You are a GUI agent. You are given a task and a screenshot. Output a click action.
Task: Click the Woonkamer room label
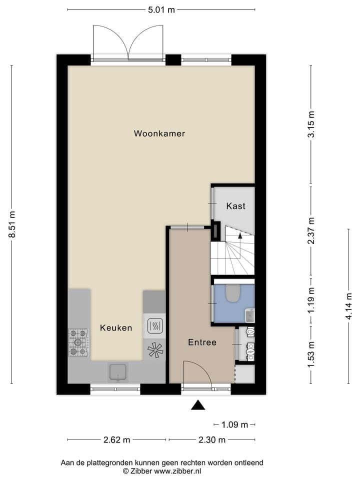click(x=159, y=133)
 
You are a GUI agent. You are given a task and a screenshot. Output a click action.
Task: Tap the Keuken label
click(x=116, y=328)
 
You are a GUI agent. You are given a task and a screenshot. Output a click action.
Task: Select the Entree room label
click(x=202, y=342)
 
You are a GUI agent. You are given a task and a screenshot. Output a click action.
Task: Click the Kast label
click(x=235, y=206)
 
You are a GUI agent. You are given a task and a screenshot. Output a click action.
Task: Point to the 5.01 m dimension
click(x=161, y=9)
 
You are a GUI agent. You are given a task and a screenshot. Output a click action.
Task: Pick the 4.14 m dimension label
click(x=349, y=306)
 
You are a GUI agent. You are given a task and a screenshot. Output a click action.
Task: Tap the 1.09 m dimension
click(x=234, y=425)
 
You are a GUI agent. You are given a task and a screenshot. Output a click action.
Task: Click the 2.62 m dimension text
click(x=116, y=440)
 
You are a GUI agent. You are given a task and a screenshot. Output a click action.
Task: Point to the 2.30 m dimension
click(x=212, y=440)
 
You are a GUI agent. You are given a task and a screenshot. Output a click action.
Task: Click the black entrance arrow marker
click(x=198, y=405)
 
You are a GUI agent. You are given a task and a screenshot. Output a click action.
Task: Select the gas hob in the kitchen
click(x=78, y=342)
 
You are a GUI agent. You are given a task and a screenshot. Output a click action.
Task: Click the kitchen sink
click(x=118, y=372)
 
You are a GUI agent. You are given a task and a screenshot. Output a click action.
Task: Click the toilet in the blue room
click(x=232, y=294)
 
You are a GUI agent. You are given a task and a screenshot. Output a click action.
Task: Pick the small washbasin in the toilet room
click(x=249, y=315)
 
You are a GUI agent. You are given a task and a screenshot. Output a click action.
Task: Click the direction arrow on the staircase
click(x=240, y=234)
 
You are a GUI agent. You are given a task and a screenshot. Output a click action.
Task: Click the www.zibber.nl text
click(x=177, y=471)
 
